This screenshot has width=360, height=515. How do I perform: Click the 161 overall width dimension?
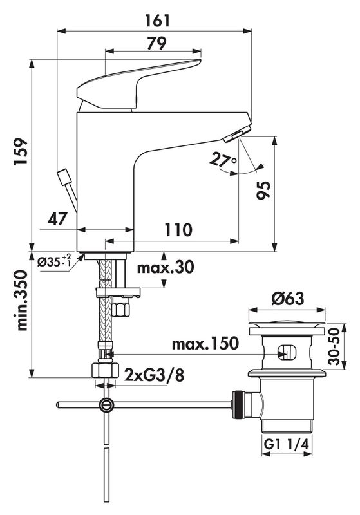[x=158, y=21]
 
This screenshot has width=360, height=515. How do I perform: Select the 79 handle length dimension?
[x=156, y=43]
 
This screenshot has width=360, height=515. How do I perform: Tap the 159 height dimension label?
[x=21, y=152]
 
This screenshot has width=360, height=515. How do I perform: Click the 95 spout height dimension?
[x=263, y=190]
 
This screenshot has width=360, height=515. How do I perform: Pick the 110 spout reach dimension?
[x=178, y=230]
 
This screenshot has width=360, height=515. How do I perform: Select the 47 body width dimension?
[x=57, y=218]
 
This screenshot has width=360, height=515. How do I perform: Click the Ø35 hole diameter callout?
[x=54, y=262]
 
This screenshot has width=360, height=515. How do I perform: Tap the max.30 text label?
[x=166, y=267]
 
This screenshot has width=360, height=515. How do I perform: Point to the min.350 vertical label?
[x=22, y=300]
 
